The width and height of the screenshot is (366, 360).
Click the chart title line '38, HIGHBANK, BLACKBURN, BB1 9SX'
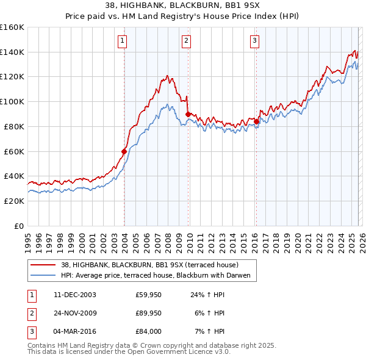pos(183,6)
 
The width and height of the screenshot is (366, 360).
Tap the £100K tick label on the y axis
pos(12,101)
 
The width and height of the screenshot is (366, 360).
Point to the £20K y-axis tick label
pos(13,201)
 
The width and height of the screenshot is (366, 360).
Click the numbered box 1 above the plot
pos(123,41)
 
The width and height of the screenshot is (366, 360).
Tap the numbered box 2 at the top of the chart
pos(186,41)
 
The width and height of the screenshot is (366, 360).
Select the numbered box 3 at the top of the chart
pos(254,41)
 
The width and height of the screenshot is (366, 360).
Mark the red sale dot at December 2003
pos(124,151)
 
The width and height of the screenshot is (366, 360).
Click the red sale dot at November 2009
pos(188,113)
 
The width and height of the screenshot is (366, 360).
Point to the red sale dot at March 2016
pos(256,121)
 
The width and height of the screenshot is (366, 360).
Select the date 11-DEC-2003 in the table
pos(74,294)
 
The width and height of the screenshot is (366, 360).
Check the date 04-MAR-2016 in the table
pos(74,331)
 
